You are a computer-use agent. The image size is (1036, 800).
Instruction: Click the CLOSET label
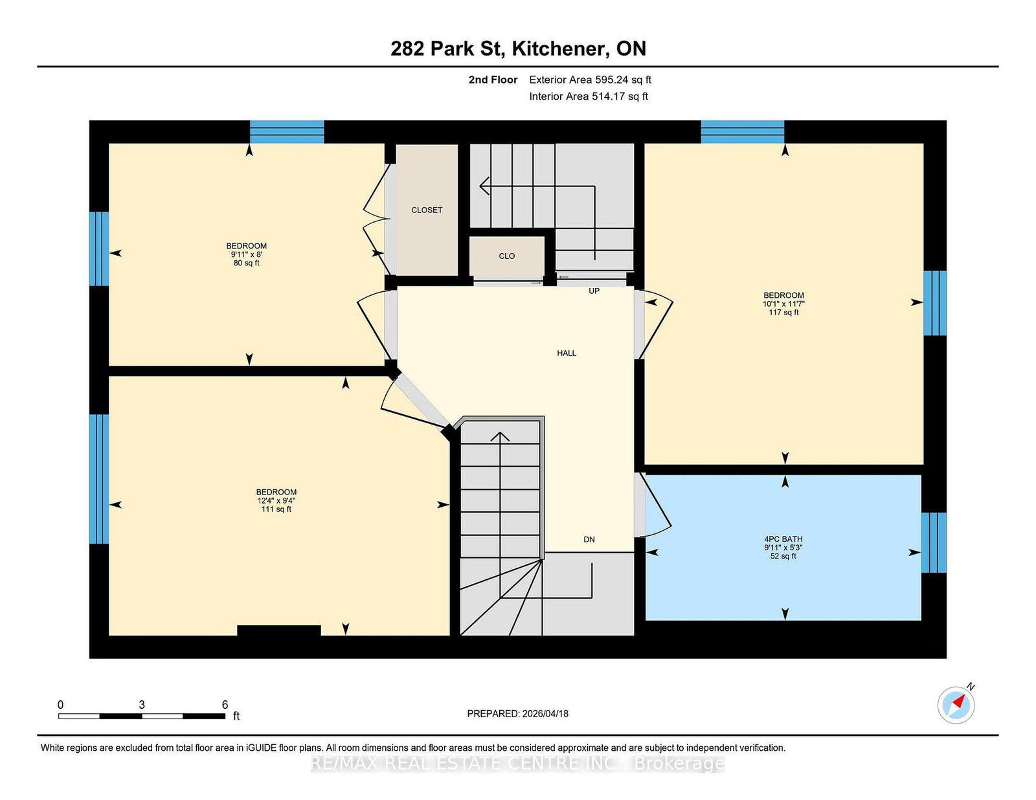coord(427,210)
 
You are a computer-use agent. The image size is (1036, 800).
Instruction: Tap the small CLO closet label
coord(507,256)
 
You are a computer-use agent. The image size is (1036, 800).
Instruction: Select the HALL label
coord(567,353)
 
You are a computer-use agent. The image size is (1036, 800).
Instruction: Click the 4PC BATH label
coord(783,539)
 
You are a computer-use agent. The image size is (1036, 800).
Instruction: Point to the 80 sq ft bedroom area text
coord(247,263)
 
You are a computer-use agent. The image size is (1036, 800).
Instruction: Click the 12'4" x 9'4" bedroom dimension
coord(276,501)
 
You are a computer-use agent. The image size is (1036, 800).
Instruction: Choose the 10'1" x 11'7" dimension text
coord(783,304)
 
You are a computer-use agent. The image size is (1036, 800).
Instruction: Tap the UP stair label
coord(594,291)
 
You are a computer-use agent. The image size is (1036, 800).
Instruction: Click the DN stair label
coord(589,539)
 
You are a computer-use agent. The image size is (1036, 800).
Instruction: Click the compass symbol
coord(956,705)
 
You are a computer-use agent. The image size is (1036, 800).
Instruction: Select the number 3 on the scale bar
coord(142,705)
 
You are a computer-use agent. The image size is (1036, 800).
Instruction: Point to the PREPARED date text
coord(518,714)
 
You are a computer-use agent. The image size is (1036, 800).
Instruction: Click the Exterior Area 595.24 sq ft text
coord(591,80)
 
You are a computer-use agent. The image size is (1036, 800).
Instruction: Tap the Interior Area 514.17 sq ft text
coord(589,96)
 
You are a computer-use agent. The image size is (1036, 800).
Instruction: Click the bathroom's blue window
coord(934,542)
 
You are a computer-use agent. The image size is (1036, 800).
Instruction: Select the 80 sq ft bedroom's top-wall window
coord(287,132)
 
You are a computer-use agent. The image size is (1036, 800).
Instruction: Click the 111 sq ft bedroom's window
coord(99,479)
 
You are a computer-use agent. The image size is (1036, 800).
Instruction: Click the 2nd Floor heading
coord(493,80)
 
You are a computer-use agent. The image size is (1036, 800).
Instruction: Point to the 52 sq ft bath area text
coord(783,556)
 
